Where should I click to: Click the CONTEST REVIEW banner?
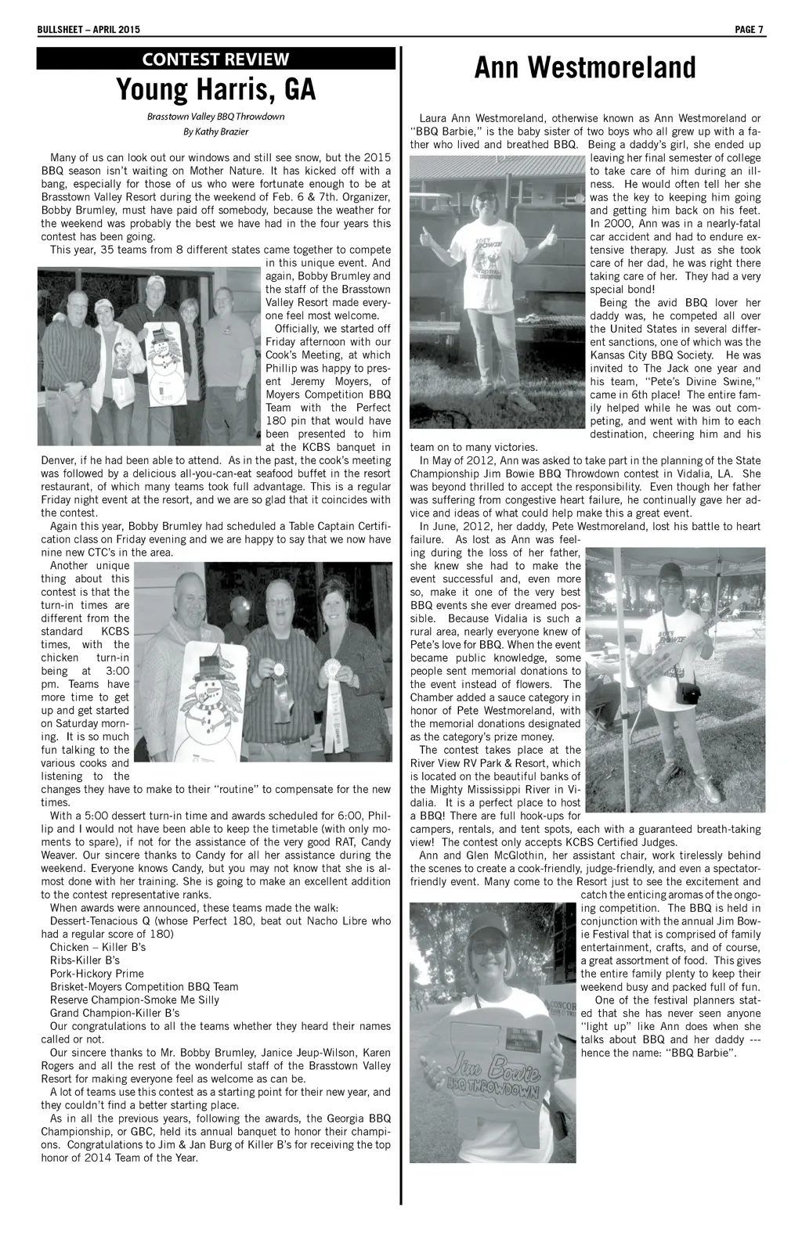pyautogui.click(x=215, y=59)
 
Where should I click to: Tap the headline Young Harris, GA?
pyautogui.click(x=215, y=91)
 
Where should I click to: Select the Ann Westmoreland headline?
pyautogui.click(x=585, y=68)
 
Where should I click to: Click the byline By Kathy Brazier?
pyautogui.click(x=215, y=131)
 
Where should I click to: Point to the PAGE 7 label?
pyautogui.click(x=750, y=30)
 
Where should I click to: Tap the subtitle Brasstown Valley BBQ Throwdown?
pyautogui.click(x=215, y=117)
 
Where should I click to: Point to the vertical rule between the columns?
pyautogui.click(x=401, y=626)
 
